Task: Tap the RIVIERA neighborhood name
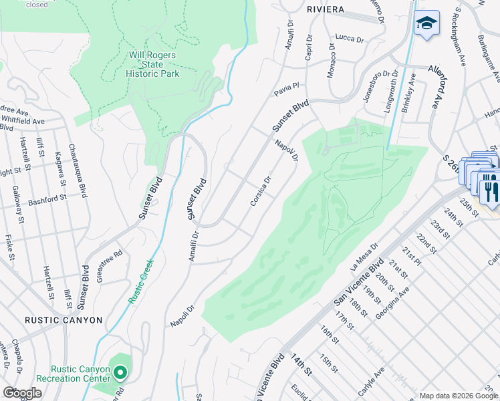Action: [326, 9]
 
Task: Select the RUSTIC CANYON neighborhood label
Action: [64, 320]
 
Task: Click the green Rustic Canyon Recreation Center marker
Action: [120, 372]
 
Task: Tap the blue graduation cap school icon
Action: [426, 25]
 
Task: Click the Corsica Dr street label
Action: [259, 190]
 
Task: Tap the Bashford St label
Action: [44, 198]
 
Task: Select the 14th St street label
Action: [299, 368]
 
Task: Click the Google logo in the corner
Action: [22, 393]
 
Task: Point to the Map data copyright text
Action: [459, 396]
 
